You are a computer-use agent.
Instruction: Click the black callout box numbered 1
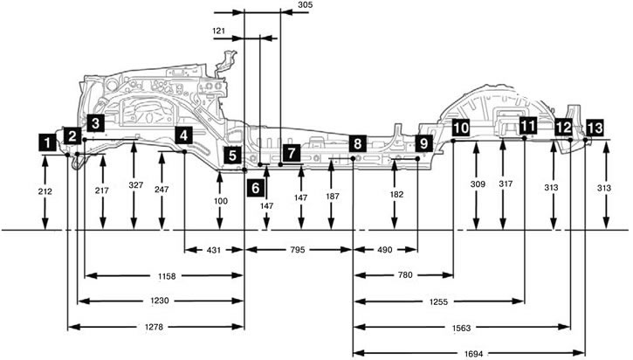click(x=48, y=142)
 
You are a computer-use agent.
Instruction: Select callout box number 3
click(x=95, y=123)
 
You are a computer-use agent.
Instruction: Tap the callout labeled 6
click(x=256, y=188)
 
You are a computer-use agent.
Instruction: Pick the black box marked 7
click(x=292, y=153)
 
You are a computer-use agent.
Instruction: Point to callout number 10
click(x=461, y=128)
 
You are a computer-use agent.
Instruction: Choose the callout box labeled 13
click(x=595, y=128)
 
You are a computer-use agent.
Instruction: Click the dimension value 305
click(x=305, y=5)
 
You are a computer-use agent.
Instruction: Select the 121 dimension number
click(x=218, y=31)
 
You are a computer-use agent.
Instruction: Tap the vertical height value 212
click(x=45, y=191)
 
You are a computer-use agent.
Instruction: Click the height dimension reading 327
click(x=136, y=185)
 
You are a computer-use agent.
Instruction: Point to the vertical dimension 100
click(x=220, y=201)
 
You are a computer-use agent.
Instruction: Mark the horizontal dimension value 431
click(x=214, y=250)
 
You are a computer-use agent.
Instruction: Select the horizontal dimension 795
click(x=298, y=250)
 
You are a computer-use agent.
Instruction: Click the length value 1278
click(x=154, y=327)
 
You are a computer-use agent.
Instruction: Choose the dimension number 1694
click(x=473, y=354)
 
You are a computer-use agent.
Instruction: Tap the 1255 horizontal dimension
click(x=439, y=301)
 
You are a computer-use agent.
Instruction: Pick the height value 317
click(x=506, y=183)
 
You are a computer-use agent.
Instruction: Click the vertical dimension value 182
click(x=396, y=194)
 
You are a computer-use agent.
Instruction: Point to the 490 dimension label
click(x=384, y=250)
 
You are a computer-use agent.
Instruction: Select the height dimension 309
click(x=478, y=184)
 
